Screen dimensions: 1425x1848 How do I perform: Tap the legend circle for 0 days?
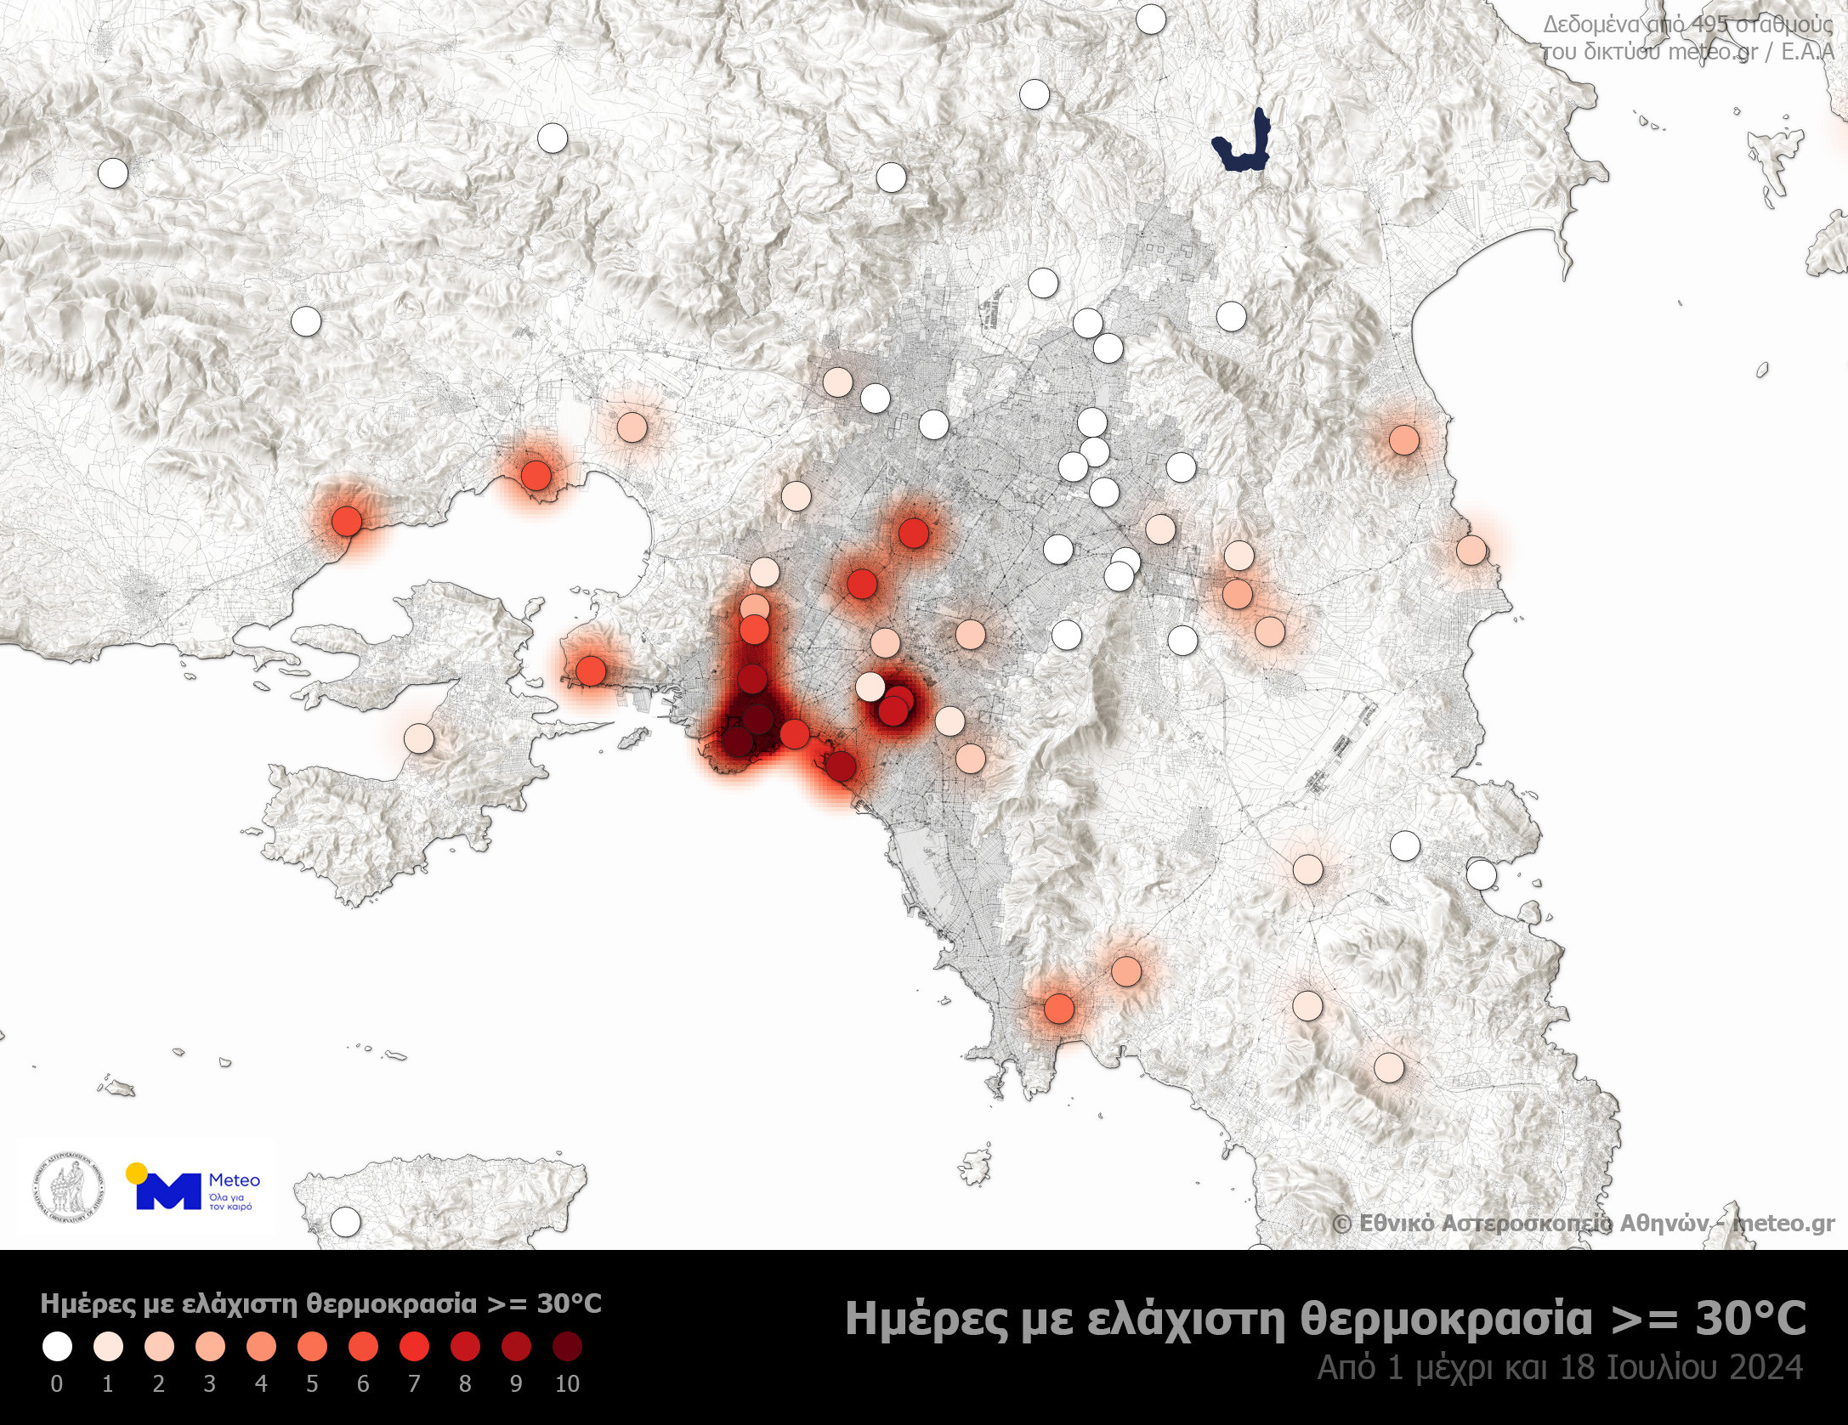point(57,1346)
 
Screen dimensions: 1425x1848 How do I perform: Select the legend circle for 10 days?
point(567,1346)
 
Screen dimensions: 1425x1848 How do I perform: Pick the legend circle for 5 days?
point(312,1346)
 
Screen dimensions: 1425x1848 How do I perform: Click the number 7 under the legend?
point(414,1384)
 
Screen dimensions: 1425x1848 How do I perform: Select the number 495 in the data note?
point(1703,25)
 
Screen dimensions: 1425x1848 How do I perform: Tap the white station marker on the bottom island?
point(344,1223)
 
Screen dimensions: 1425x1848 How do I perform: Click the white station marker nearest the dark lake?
point(1150,19)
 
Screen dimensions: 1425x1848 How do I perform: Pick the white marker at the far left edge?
point(112,173)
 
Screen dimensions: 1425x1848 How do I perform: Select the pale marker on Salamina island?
point(417,738)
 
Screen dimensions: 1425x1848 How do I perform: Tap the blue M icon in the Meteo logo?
point(168,1191)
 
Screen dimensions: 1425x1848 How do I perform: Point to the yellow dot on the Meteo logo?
point(134,1173)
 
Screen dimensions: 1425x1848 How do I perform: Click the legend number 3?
point(210,1384)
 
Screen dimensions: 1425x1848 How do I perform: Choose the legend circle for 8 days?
point(465,1346)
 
